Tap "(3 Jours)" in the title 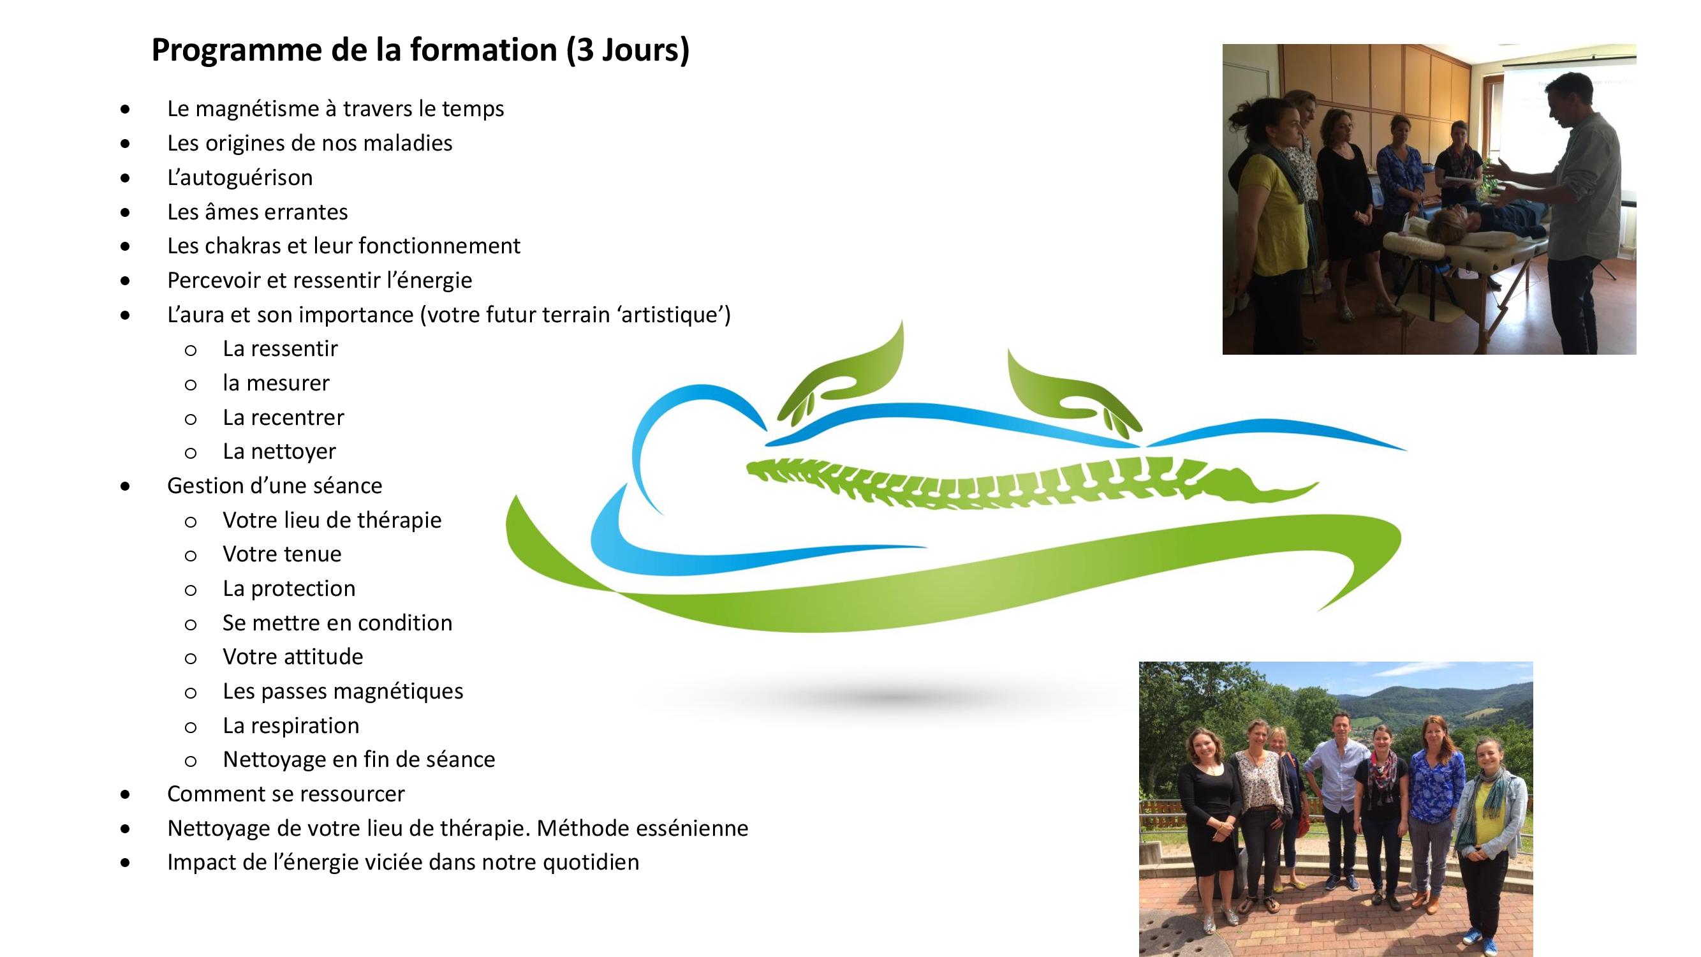tap(628, 50)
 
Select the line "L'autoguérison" tap(240, 177)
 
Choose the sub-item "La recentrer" tap(283, 417)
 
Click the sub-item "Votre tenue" tap(282, 554)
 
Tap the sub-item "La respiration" tap(291, 726)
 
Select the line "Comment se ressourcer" tap(286, 794)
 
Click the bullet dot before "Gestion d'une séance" tap(126, 487)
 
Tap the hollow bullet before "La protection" tap(191, 590)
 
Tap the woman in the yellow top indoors tap(1271, 218)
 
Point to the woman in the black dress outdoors tap(1209, 826)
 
